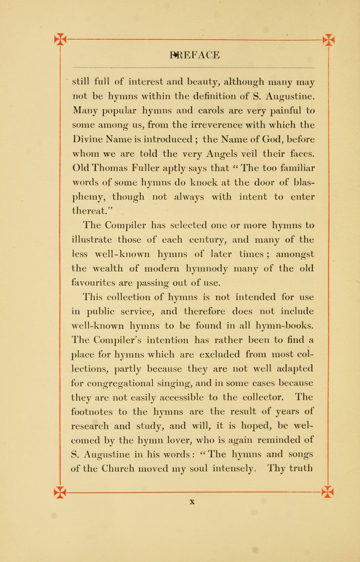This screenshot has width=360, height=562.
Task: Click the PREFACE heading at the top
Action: coord(195,55)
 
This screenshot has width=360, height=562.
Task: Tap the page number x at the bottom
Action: coord(192,502)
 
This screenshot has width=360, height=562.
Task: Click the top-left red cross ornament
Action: coord(60,39)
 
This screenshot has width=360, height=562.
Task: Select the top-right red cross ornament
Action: coord(328,39)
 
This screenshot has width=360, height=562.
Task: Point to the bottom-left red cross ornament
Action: coord(60,492)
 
